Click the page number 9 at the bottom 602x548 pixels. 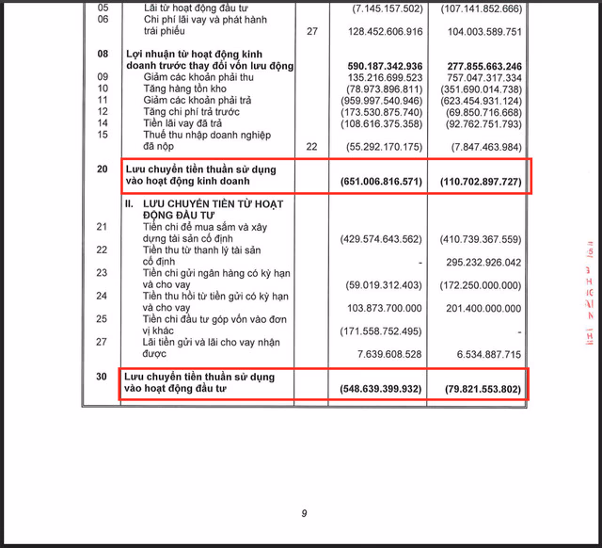[304, 513]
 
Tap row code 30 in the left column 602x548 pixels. [103, 376]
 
